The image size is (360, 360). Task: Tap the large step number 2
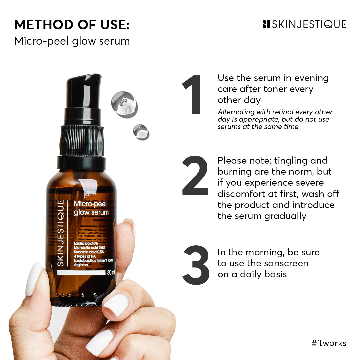point(195,176)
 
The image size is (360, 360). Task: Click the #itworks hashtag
point(329,343)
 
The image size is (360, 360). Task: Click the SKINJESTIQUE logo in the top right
point(304,24)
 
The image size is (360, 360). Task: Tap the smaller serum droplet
point(141,132)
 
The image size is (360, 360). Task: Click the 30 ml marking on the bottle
point(111,273)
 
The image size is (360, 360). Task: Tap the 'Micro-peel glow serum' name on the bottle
point(91,208)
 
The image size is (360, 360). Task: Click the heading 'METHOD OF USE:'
point(72,25)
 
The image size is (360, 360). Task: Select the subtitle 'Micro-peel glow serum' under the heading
point(72,41)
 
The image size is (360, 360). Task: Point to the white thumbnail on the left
point(33,279)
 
